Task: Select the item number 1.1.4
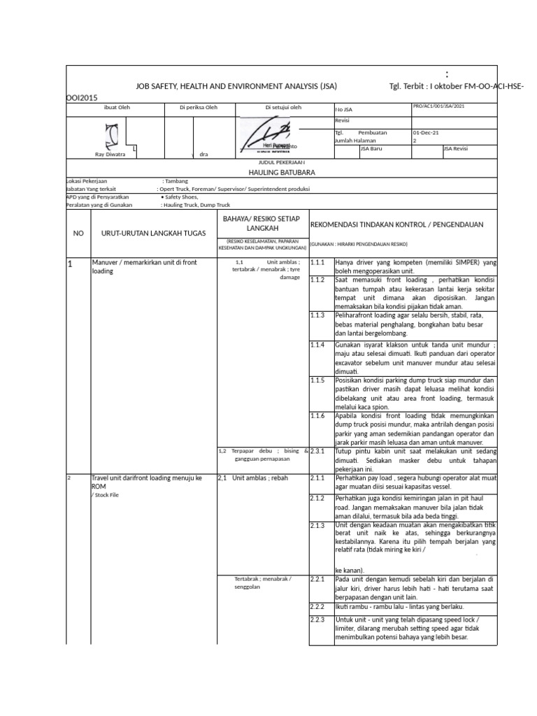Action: (x=318, y=345)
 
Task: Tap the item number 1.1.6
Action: (x=318, y=415)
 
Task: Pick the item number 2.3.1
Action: (x=318, y=451)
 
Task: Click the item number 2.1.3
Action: (x=318, y=525)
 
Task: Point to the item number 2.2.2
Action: (x=318, y=606)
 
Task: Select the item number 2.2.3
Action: (x=318, y=620)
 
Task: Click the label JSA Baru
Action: (x=371, y=148)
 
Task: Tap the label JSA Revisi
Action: (x=458, y=148)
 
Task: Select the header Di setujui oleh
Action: (x=283, y=107)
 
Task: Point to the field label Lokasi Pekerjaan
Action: (x=90, y=180)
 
